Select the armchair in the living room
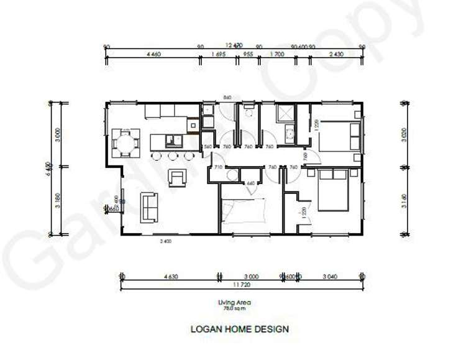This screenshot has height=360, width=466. (x=178, y=178)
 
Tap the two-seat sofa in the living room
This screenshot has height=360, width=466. (x=150, y=206)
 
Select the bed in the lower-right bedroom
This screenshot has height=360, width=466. (x=332, y=190)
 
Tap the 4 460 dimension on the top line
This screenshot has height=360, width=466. (x=153, y=55)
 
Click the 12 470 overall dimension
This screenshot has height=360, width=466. (x=234, y=45)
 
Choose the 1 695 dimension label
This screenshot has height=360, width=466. (x=218, y=55)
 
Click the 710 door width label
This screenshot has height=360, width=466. (x=218, y=168)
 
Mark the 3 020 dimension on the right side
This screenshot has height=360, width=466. (x=404, y=137)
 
